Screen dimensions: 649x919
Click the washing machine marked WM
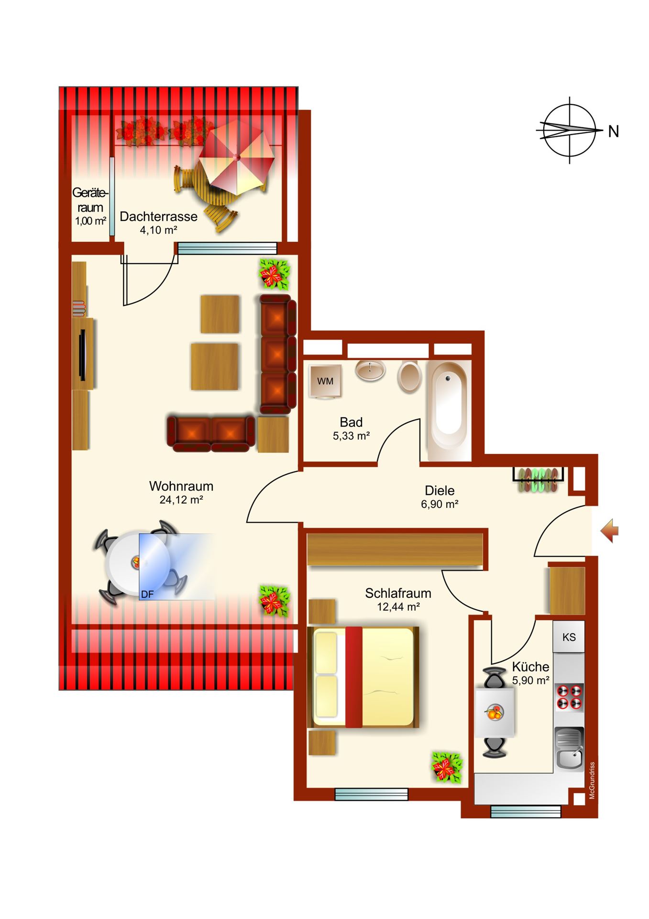tap(325, 381)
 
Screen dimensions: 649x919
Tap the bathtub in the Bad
tap(449, 411)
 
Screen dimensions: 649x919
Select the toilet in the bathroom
tap(409, 377)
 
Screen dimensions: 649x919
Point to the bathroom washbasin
tap(370, 370)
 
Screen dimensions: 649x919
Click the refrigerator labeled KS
tap(569, 637)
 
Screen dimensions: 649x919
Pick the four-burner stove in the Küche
tap(569, 697)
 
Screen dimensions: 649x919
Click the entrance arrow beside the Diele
tap(610, 531)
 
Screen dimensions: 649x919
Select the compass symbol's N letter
tap(614, 131)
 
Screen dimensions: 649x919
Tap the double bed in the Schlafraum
tap(363, 677)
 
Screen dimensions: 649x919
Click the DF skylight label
tap(147, 594)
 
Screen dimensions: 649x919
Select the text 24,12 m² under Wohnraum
tap(181, 500)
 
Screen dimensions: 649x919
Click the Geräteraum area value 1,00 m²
tap(90, 221)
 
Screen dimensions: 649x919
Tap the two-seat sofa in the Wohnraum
tap(211, 434)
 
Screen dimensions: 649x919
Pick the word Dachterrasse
tap(158, 216)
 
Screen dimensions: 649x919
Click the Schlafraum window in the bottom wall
tap(371, 794)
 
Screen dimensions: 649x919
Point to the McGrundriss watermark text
tap(592, 781)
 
